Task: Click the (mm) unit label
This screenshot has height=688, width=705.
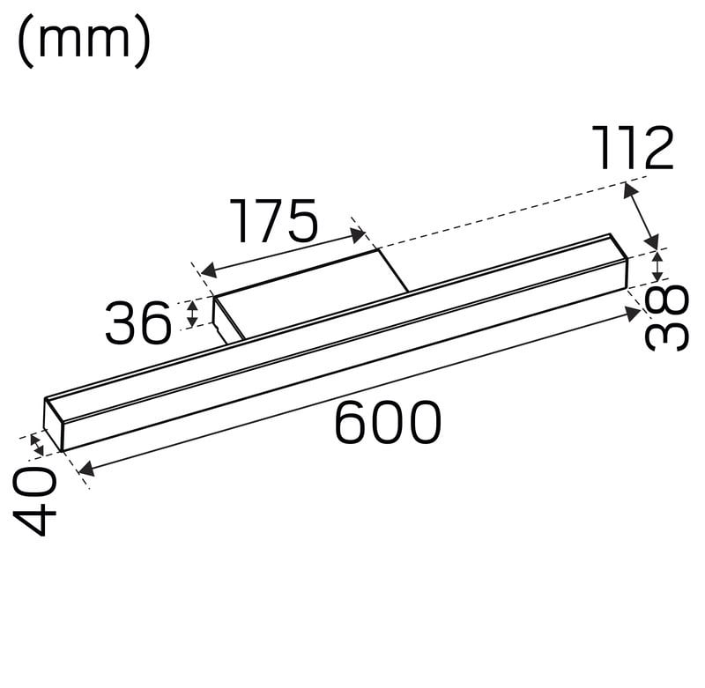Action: click(84, 41)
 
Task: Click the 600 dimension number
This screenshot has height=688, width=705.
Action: click(388, 422)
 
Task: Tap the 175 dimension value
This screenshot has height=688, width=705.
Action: click(274, 220)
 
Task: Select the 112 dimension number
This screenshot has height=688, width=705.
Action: click(633, 148)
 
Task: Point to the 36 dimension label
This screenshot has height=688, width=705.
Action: click(138, 322)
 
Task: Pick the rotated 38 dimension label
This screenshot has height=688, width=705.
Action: click(666, 317)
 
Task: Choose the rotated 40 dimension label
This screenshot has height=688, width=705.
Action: click(35, 500)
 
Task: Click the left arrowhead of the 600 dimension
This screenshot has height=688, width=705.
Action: click(85, 469)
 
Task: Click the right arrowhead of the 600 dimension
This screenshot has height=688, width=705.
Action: click(633, 313)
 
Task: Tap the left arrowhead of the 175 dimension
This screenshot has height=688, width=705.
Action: click(208, 270)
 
